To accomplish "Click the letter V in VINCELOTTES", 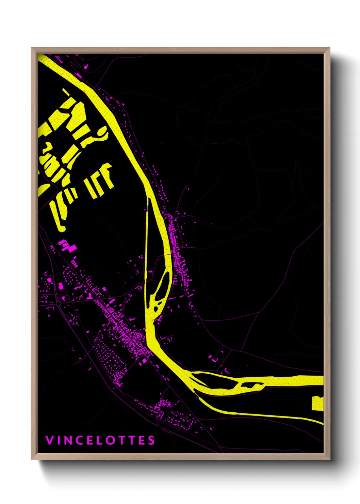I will coord(49,440).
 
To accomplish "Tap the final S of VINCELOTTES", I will coord(151,440).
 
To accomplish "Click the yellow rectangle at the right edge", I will coord(317,403).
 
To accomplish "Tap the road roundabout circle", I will coord(58,303).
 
